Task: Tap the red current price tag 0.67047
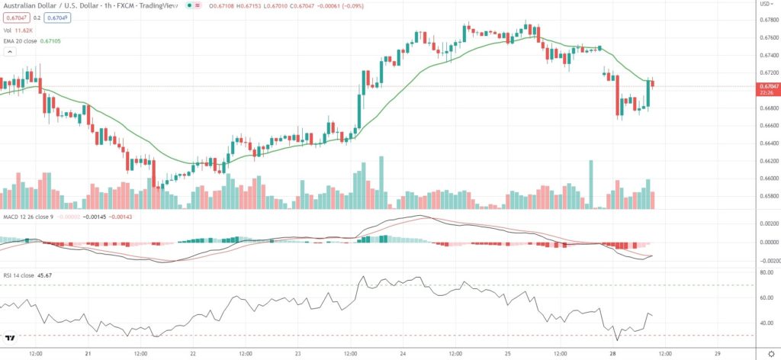(767, 87)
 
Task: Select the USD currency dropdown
(766, 4)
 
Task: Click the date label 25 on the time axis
(507, 354)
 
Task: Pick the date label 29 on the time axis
(718, 354)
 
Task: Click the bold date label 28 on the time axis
(612, 354)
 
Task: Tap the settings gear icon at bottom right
(770, 354)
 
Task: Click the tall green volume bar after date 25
(590, 184)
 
